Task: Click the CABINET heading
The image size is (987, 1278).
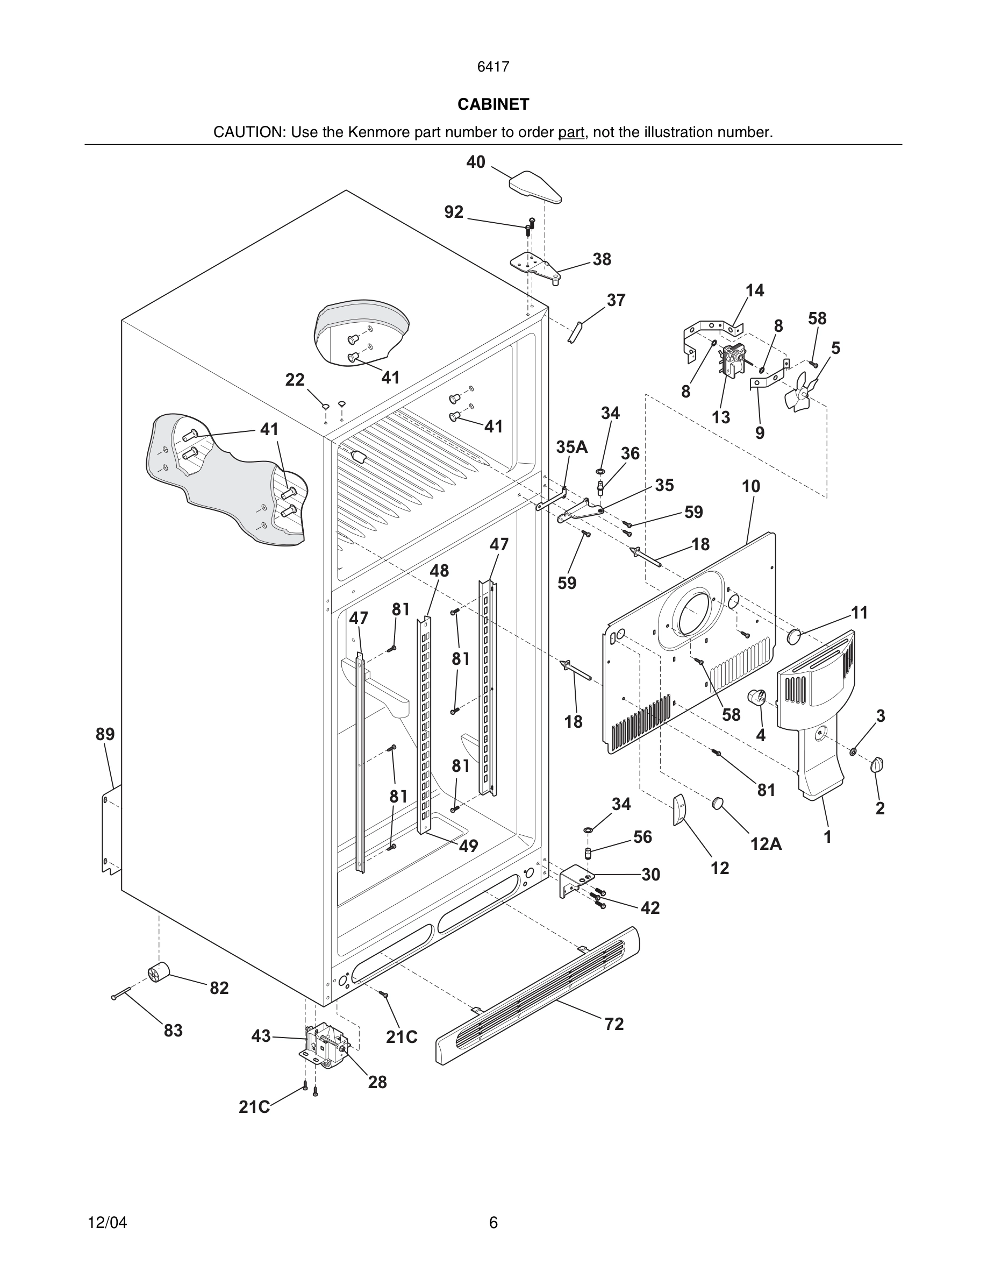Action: (493, 104)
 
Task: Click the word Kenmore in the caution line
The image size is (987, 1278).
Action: (379, 132)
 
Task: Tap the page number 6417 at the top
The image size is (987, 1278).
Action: (493, 67)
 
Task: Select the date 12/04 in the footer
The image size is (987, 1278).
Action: (107, 1223)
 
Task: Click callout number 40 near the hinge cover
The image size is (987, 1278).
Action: (475, 162)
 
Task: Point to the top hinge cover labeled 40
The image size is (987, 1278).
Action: (535, 186)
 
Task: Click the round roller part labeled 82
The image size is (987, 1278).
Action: (158, 972)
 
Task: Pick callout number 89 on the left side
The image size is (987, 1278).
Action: (105, 734)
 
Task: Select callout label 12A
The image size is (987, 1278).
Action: (766, 844)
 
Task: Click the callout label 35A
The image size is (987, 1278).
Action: (571, 447)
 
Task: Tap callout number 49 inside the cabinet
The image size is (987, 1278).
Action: (468, 846)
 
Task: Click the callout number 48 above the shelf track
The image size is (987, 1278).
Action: (439, 571)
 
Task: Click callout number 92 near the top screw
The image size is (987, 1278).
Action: (454, 212)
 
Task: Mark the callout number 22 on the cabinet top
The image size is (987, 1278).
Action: (295, 380)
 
